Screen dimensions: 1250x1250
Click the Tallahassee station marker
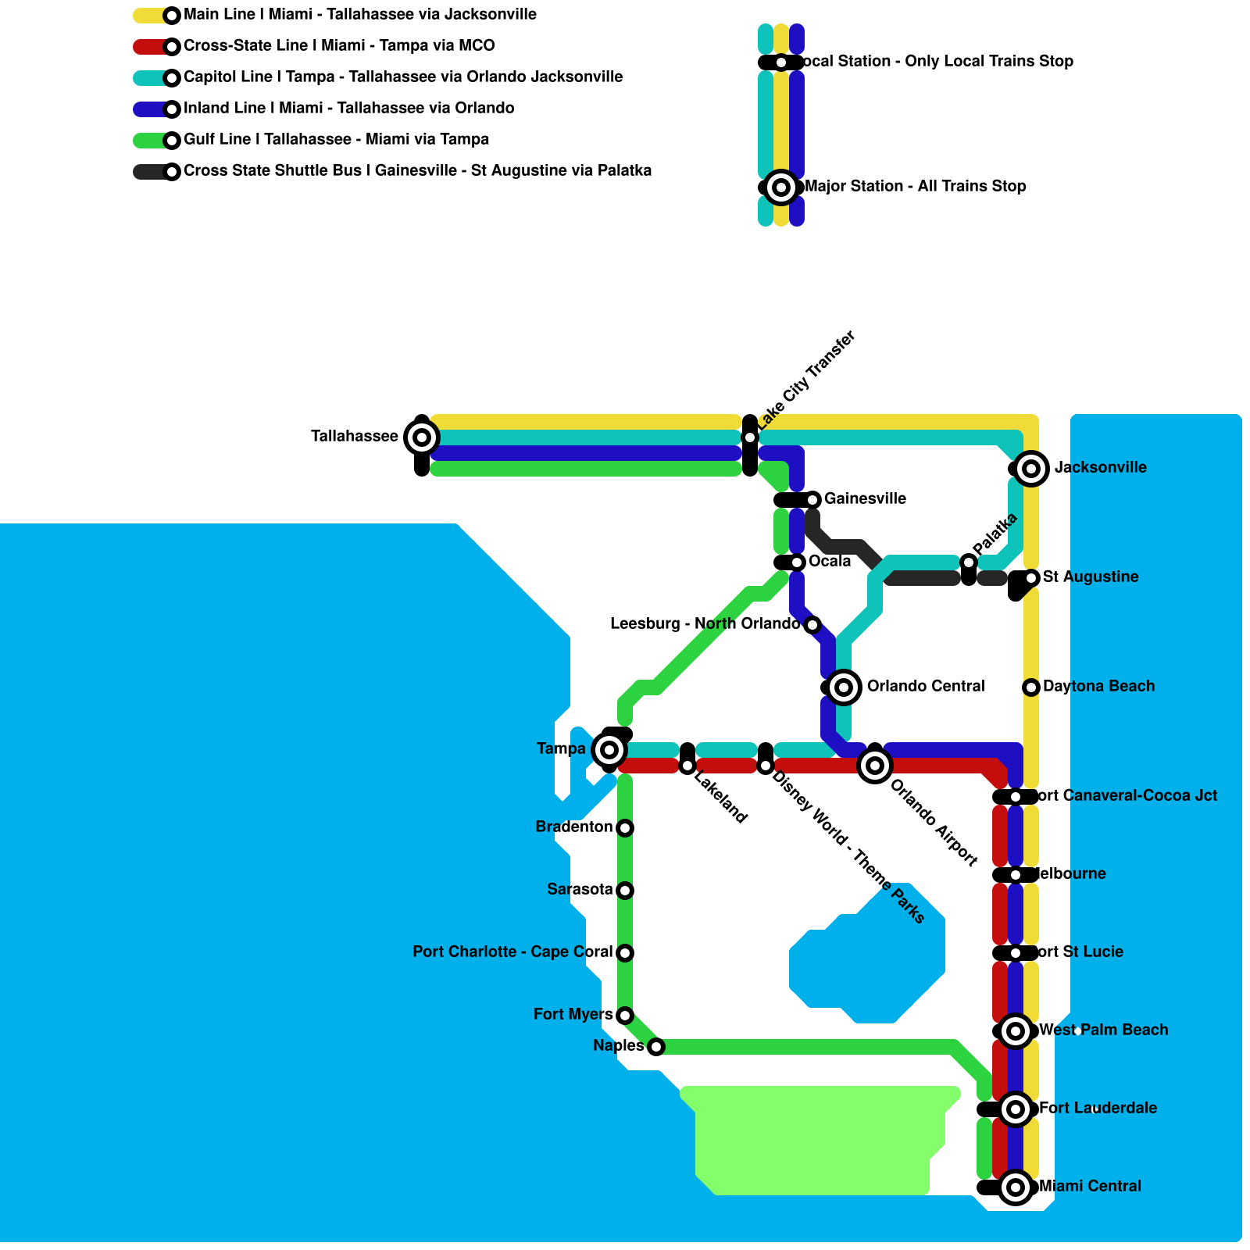[x=422, y=437]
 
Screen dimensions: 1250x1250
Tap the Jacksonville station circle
[x=1031, y=469]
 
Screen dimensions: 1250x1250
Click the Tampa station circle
[x=609, y=750]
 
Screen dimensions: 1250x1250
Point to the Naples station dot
[x=656, y=1047]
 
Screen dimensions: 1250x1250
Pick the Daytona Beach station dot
[x=1031, y=687]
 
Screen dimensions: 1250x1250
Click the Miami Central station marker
[x=1016, y=1187]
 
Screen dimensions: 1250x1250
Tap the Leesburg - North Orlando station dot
[x=812, y=625]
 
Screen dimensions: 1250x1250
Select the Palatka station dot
[x=969, y=562]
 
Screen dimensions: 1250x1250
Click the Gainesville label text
[x=865, y=499]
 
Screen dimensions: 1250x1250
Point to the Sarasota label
[x=580, y=890]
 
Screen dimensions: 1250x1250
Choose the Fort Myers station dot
[x=625, y=1016]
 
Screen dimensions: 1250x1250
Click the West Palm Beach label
[x=1103, y=1030]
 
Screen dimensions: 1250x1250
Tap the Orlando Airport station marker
[x=875, y=766]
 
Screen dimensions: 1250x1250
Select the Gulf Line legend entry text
[x=336, y=140]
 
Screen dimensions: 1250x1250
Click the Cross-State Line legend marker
[x=172, y=47]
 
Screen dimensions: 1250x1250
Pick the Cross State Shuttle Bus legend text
[x=417, y=171]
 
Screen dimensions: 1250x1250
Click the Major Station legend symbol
[x=781, y=187]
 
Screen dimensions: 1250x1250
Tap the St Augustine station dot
[x=1031, y=578]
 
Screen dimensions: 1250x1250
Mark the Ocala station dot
[x=797, y=562]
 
